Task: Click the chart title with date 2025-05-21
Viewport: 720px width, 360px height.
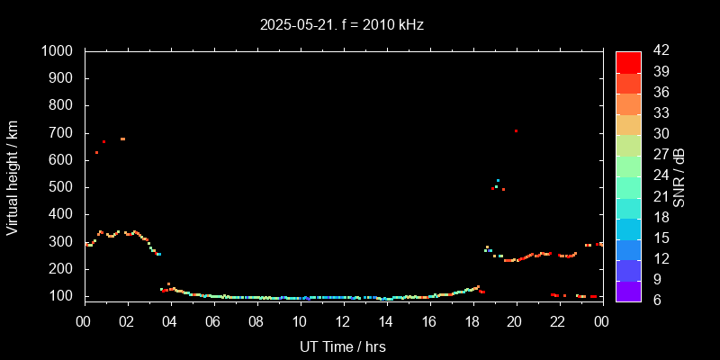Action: pos(341,24)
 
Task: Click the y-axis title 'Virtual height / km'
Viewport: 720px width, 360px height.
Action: pos(13,177)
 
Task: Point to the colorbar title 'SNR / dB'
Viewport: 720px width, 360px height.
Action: pos(679,177)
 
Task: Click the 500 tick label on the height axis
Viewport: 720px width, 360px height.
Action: pos(63,187)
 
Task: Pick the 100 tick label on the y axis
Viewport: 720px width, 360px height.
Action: pos(63,296)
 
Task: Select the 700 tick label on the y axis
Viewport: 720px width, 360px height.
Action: pos(63,133)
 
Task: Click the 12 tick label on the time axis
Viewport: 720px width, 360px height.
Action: pos(343,321)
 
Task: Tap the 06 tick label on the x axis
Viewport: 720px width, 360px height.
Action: pos(213,321)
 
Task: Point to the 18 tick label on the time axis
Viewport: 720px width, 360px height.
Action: pos(472,321)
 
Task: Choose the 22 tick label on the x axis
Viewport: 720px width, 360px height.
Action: pos(559,321)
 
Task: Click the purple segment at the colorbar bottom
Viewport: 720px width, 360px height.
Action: pos(628,290)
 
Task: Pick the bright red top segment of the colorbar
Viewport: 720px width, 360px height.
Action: pos(628,61)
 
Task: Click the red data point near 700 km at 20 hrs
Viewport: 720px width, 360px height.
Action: pos(516,131)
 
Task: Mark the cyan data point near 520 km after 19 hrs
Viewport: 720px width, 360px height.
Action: pos(498,181)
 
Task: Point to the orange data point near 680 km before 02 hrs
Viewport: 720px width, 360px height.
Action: pos(122,139)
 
